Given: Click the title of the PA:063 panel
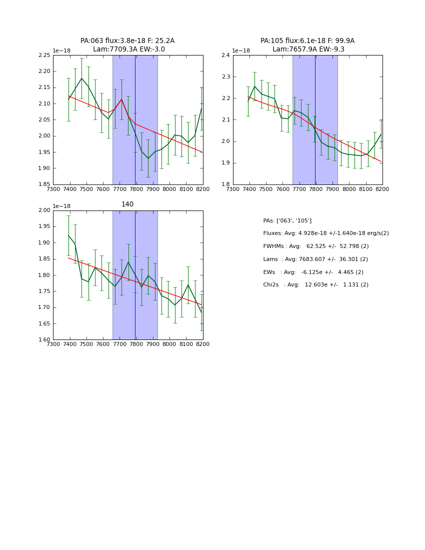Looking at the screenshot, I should [x=127, y=45].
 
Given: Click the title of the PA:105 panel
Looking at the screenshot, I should [x=307, y=45].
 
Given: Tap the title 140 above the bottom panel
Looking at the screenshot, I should [x=127, y=204].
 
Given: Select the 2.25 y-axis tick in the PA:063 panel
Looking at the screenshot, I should [x=44, y=55].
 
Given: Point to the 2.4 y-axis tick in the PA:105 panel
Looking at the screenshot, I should [x=226, y=55].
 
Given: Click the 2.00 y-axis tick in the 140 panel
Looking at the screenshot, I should [x=44, y=210].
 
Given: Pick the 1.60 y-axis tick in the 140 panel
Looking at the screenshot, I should [x=44, y=340].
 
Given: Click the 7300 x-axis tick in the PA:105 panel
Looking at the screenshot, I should [x=233, y=189].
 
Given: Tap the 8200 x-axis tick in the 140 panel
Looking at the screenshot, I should [x=202, y=344].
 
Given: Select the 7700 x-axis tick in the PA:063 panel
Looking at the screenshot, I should [x=119, y=189].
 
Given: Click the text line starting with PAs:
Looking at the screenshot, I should [x=287, y=220].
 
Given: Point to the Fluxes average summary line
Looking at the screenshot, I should [x=325, y=233].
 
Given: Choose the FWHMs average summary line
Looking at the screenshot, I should [x=315, y=246].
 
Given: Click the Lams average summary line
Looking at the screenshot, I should [x=315, y=259].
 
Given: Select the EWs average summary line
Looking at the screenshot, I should [x=313, y=272].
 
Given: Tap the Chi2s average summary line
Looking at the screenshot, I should [x=315, y=285].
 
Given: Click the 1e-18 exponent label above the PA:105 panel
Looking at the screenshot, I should [x=241, y=50].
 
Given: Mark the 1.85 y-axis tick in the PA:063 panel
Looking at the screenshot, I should [x=44, y=184].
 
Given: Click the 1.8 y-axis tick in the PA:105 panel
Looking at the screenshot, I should [x=226, y=184].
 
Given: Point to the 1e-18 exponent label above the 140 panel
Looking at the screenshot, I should [x=61, y=206].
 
